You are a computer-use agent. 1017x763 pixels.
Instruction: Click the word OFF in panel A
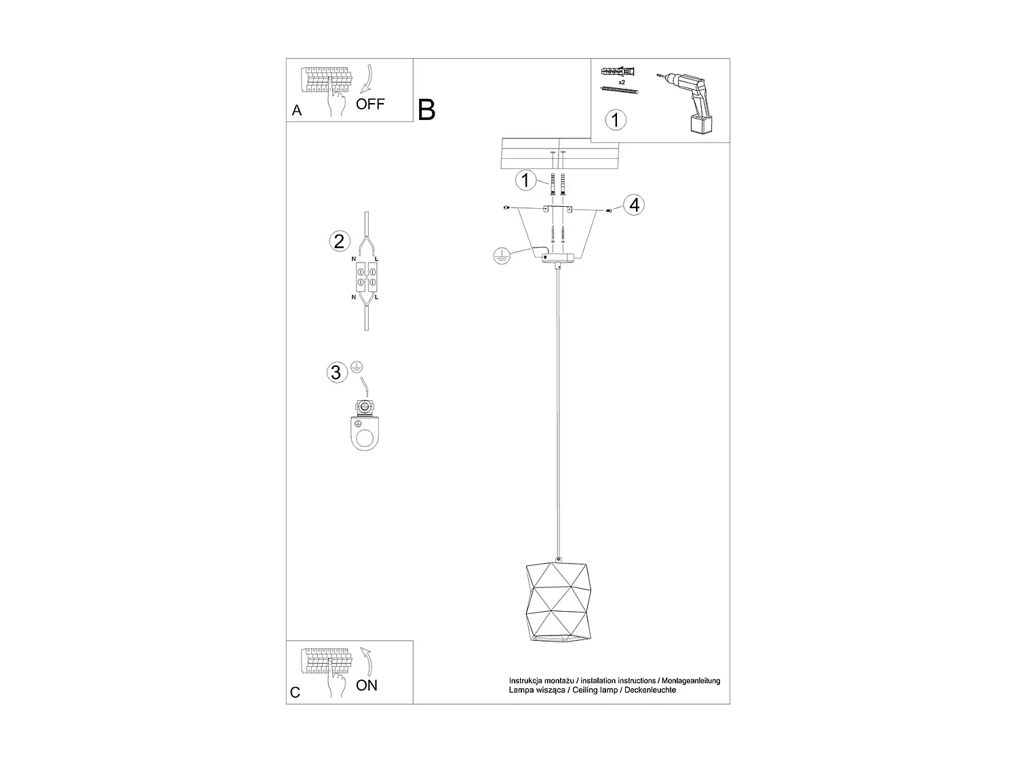pos(370,104)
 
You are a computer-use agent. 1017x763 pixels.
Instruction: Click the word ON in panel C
pos(367,685)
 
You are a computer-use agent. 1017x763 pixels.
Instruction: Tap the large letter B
pos(426,109)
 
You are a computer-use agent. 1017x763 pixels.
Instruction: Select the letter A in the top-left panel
pos(296,111)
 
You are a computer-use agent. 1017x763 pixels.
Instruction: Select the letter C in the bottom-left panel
pos(295,692)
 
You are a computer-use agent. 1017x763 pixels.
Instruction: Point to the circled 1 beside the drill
pos(615,121)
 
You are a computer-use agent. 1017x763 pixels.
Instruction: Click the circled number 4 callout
pos(633,204)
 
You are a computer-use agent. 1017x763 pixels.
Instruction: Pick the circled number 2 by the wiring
pos(339,241)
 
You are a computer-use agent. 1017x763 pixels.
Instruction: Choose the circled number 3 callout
pos(335,372)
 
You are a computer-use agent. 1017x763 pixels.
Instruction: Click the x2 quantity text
pos(621,81)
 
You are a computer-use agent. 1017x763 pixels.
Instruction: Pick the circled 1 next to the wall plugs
pos(525,180)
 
